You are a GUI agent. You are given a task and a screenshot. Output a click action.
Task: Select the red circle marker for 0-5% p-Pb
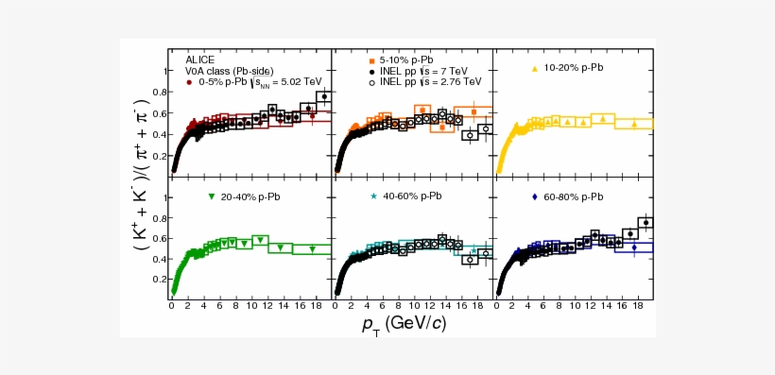[x=190, y=83]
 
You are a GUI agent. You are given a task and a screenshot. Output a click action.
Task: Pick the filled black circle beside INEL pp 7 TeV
[x=371, y=71]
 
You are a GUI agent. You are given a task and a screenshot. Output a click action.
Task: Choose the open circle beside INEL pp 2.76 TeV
[x=371, y=82]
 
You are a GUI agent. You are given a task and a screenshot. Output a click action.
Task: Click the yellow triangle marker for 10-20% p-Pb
[x=535, y=69]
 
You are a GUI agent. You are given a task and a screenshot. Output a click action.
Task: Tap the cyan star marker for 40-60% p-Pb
[x=374, y=196]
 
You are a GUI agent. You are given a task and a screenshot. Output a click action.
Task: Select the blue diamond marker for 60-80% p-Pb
[x=536, y=196]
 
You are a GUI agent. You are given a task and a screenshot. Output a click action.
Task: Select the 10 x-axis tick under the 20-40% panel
[x=253, y=306]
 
